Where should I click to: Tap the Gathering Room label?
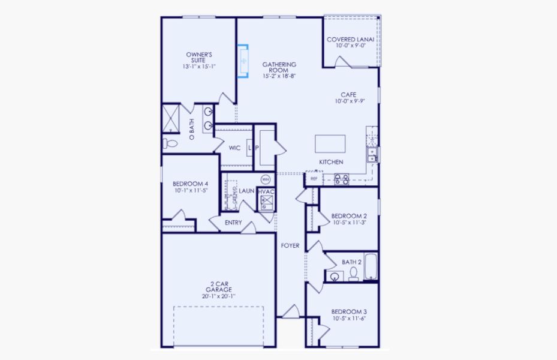point(279,70)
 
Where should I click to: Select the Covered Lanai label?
point(350,40)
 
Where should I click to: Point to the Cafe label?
point(348,95)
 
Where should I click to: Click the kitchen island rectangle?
point(330,144)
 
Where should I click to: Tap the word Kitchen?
point(330,163)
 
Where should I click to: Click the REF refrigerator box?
point(313,178)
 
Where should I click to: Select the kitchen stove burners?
point(341,178)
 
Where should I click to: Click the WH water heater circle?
point(266,179)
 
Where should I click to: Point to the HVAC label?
point(266,191)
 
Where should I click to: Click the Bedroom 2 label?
point(348,216)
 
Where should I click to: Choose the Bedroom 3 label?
point(348,312)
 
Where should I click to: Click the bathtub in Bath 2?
point(371,267)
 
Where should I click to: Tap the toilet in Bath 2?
point(353,274)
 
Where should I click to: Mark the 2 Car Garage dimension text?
point(219,296)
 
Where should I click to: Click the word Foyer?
point(290,245)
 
